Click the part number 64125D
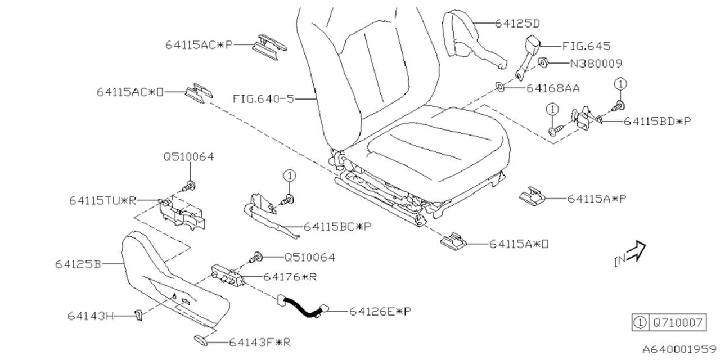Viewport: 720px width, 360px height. (517, 24)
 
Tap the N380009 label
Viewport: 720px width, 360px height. (596, 64)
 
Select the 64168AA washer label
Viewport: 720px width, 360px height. (553, 88)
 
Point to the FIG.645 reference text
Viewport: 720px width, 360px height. (586, 46)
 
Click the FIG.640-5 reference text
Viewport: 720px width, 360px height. (263, 98)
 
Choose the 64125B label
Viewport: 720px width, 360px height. (78, 264)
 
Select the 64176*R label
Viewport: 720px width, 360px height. (290, 277)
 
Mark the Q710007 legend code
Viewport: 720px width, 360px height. (677, 323)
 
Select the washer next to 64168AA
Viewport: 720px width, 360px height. (500, 87)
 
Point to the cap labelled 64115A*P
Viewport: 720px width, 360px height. (530, 196)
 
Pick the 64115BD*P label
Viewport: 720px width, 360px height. (656, 120)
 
